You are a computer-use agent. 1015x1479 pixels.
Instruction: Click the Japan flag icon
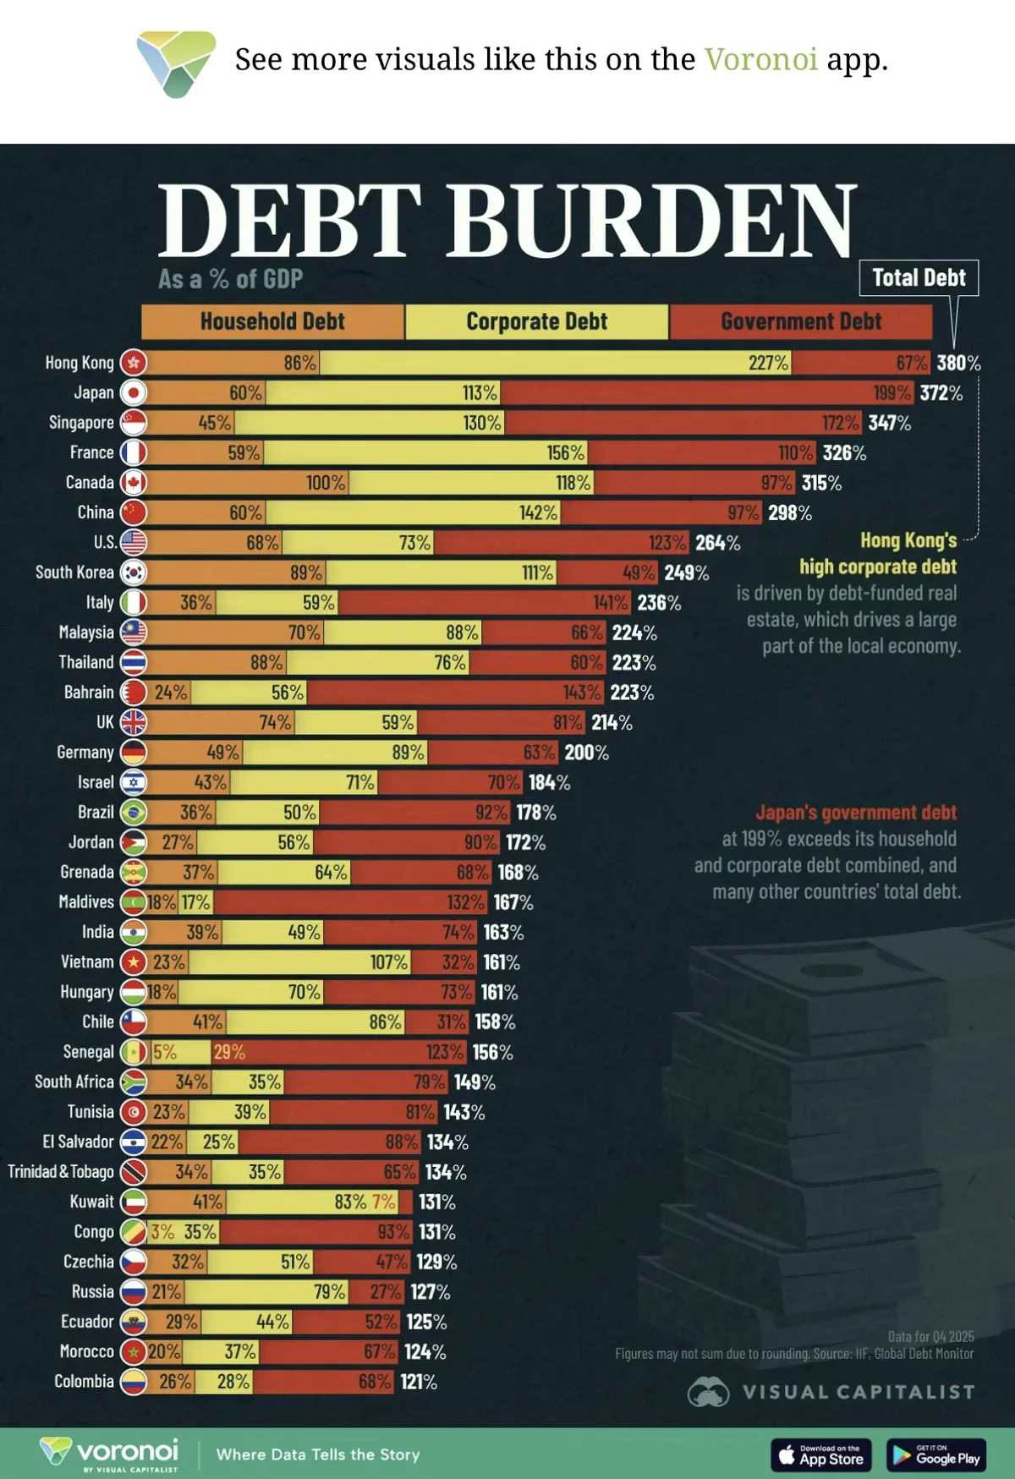pos(134,392)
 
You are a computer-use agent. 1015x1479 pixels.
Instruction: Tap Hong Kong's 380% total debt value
pos(958,363)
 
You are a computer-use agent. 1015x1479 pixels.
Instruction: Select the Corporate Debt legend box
pos(537,321)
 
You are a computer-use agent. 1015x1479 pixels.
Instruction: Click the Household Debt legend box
pos(272,321)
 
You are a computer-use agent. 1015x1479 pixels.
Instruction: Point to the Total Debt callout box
pos(919,277)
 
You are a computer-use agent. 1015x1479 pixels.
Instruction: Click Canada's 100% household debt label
pos(326,483)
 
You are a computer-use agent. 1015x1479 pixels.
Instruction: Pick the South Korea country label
pos(74,572)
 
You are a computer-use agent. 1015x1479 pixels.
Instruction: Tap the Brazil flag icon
pos(134,813)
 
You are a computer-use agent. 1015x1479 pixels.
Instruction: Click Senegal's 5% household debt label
pos(165,1052)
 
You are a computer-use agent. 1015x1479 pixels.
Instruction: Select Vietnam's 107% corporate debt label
pos(389,962)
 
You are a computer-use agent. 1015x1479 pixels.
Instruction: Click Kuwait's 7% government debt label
pos(383,1202)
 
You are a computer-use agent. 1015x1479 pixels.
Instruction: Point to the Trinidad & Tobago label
pos(61,1172)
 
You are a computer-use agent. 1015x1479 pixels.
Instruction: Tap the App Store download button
pos(821,1454)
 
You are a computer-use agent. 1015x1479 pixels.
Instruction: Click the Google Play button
pos(936,1454)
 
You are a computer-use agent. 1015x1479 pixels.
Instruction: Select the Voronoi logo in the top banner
pos(176,63)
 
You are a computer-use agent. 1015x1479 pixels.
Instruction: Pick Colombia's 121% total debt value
pos(418,1382)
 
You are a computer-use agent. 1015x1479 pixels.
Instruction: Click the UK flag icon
pos(134,722)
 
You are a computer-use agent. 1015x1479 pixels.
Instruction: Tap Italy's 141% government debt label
pos(611,602)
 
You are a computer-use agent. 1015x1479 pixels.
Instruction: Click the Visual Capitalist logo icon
pos(708,1392)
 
